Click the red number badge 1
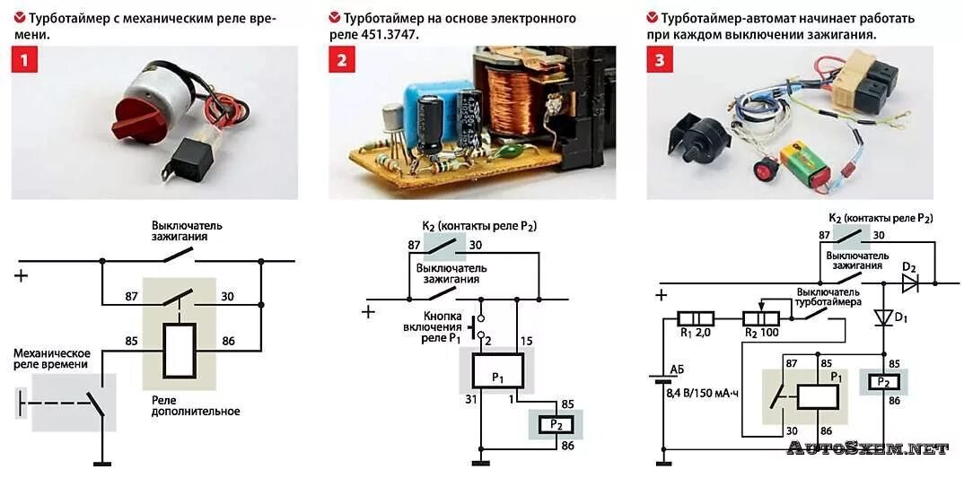pyautogui.click(x=24, y=61)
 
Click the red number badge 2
pyautogui.click(x=342, y=61)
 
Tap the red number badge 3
pyautogui.click(x=660, y=61)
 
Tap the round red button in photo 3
pyautogui.click(x=765, y=168)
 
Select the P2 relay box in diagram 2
pyautogui.click(x=555, y=423)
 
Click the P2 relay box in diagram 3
pyautogui.click(x=884, y=381)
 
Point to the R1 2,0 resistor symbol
pyautogui.click(x=696, y=318)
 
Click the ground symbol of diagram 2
pyautogui.click(x=480, y=463)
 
